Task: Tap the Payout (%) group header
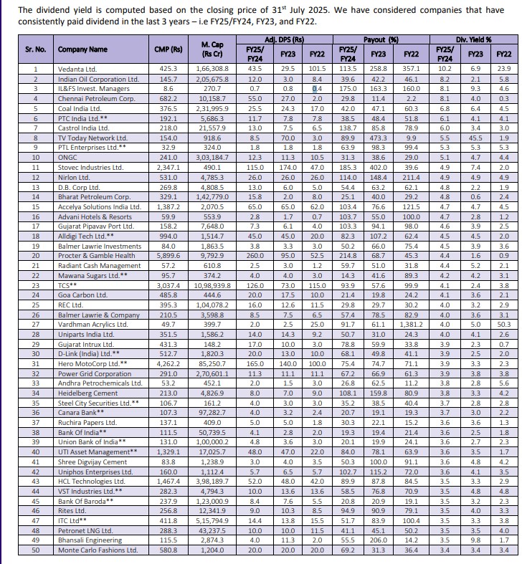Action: (x=381, y=39)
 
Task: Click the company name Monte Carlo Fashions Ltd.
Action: (x=98, y=550)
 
